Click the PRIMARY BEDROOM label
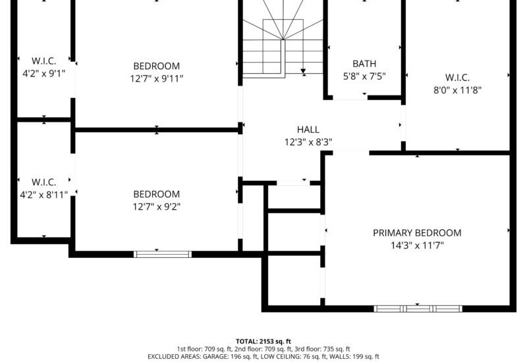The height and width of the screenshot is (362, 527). pyautogui.click(x=417, y=233)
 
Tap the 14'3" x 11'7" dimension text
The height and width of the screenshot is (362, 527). pyautogui.click(x=417, y=246)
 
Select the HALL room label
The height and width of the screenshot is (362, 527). pyautogui.click(x=308, y=130)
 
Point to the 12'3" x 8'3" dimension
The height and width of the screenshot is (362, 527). pyautogui.click(x=308, y=142)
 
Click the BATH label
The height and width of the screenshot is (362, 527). pyautogui.click(x=364, y=63)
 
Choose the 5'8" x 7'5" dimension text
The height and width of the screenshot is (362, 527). pyautogui.click(x=364, y=76)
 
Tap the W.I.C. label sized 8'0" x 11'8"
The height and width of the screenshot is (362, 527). pyautogui.click(x=457, y=78)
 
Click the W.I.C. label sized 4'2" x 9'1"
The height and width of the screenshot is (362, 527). pyautogui.click(x=43, y=61)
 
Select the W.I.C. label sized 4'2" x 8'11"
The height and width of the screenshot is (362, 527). pyautogui.click(x=43, y=182)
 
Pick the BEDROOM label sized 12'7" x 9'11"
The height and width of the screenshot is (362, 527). pyautogui.click(x=157, y=66)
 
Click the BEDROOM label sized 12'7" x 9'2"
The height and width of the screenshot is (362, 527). pyautogui.click(x=157, y=194)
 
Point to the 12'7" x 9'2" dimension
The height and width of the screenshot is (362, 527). pyautogui.click(x=157, y=207)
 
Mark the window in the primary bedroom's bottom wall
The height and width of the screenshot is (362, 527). pyautogui.click(x=418, y=309)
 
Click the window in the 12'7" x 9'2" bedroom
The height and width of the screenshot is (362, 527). pyautogui.click(x=163, y=254)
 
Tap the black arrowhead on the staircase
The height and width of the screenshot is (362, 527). pyautogui.click(x=303, y=71)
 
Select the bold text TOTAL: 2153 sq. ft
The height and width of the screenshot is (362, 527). pyautogui.click(x=263, y=342)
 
